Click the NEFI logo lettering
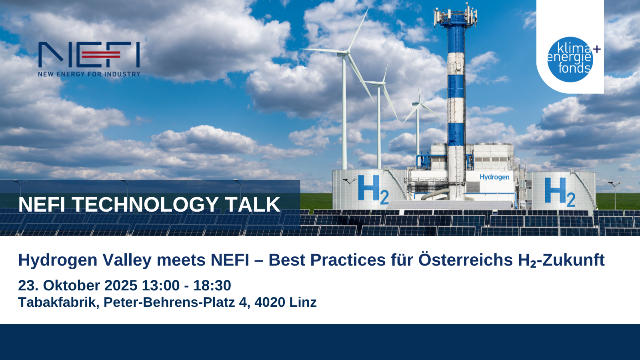89,54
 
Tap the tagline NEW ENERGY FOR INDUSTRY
89,74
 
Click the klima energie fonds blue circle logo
570,60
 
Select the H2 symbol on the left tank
373,190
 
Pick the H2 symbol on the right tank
560,192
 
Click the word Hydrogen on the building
494,178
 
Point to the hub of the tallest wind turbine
348,53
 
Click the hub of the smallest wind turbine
420,103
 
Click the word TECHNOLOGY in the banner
145,204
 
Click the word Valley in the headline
126,260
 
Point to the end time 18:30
212,286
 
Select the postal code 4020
270,302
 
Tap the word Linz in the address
303,302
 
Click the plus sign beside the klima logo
597,49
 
